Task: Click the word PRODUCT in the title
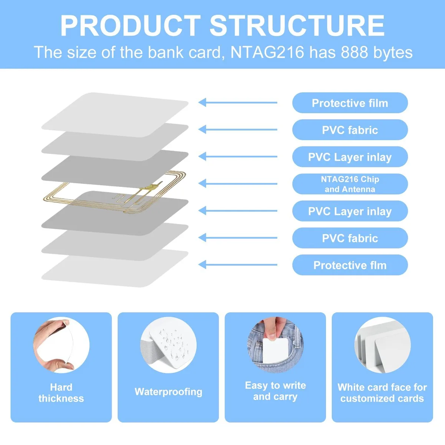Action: click(131, 25)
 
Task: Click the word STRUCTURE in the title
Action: click(297, 25)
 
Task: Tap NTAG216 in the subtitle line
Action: click(267, 52)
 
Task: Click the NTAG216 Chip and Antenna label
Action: click(350, 184)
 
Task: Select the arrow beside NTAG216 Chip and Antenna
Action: click(238, 184)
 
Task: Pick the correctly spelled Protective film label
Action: click(350, 103)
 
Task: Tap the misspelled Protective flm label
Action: click(350, 265)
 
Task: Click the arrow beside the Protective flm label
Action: click(238, 265)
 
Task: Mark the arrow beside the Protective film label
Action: click(238, 102)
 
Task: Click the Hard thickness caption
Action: click(61, 393)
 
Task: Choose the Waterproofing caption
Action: click(168, 392)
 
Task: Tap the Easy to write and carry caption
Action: click(275, 391)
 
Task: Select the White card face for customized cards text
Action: click(382, 393)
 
